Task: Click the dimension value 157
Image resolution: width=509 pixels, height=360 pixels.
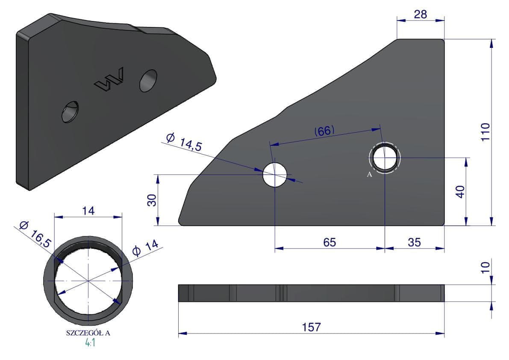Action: click(x=311, y=327)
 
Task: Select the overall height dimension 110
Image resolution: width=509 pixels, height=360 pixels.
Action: click(x=485, y=132)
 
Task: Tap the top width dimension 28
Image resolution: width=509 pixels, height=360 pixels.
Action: click(x=421, y=14)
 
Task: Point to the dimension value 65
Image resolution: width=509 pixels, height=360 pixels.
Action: click(x=330, y=242)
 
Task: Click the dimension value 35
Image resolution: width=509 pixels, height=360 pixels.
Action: click(x=414, y=242)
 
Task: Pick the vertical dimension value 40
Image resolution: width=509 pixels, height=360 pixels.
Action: click(x=460, y=192)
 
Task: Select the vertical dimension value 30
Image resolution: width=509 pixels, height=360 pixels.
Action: click(x=152, y=200)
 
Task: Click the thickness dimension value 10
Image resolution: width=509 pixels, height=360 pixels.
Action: click(x=485, y=268)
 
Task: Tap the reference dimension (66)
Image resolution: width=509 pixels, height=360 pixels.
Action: click(x=324, y=131)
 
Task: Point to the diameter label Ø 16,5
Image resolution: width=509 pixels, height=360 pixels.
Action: click(x=35, y=234)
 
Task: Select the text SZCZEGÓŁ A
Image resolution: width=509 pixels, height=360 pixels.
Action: click(x=88, y=333)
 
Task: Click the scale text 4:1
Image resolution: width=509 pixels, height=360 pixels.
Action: click(x=90, y=342)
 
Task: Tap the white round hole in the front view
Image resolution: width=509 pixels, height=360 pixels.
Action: click(x=275, y=174)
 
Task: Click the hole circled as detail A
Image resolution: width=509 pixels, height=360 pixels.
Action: click(x=385, y=158)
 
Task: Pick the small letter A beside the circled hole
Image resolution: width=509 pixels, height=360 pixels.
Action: click(x=369, y=174)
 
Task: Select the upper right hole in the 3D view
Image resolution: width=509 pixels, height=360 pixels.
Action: click(x=148, y=80)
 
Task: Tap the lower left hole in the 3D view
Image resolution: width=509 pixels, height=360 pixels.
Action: click(x=71, y=112)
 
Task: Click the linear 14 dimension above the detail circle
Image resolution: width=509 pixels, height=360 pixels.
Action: click(x=88, y=211)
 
